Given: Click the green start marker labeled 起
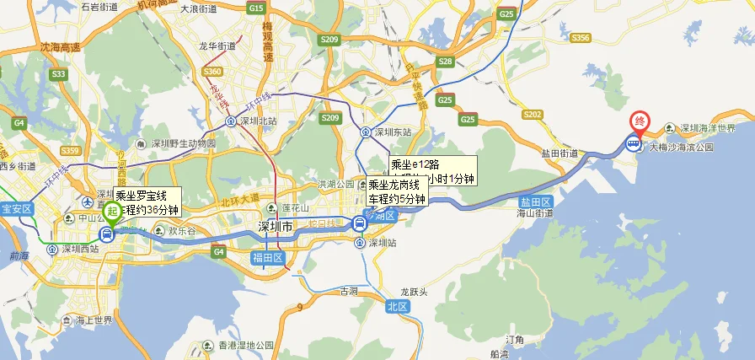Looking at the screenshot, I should pos(111,211).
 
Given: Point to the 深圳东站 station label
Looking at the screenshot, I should pos(393,132).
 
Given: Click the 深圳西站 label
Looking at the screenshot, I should pos(83,250).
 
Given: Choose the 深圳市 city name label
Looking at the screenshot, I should pos(275,228).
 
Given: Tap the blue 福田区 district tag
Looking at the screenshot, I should pos(268,258).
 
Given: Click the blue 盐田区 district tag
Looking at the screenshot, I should pos(536,202).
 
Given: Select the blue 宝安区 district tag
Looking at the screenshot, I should pos(16,208).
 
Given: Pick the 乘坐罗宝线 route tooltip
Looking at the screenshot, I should pos(147,202).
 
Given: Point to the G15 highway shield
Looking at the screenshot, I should pos(257,8).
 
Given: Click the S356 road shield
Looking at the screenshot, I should pos(580,38).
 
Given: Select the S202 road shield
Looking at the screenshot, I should pos(532,114).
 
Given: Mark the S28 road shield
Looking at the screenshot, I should pos(446,62).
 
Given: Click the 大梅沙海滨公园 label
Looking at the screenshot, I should pos(685,147).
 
